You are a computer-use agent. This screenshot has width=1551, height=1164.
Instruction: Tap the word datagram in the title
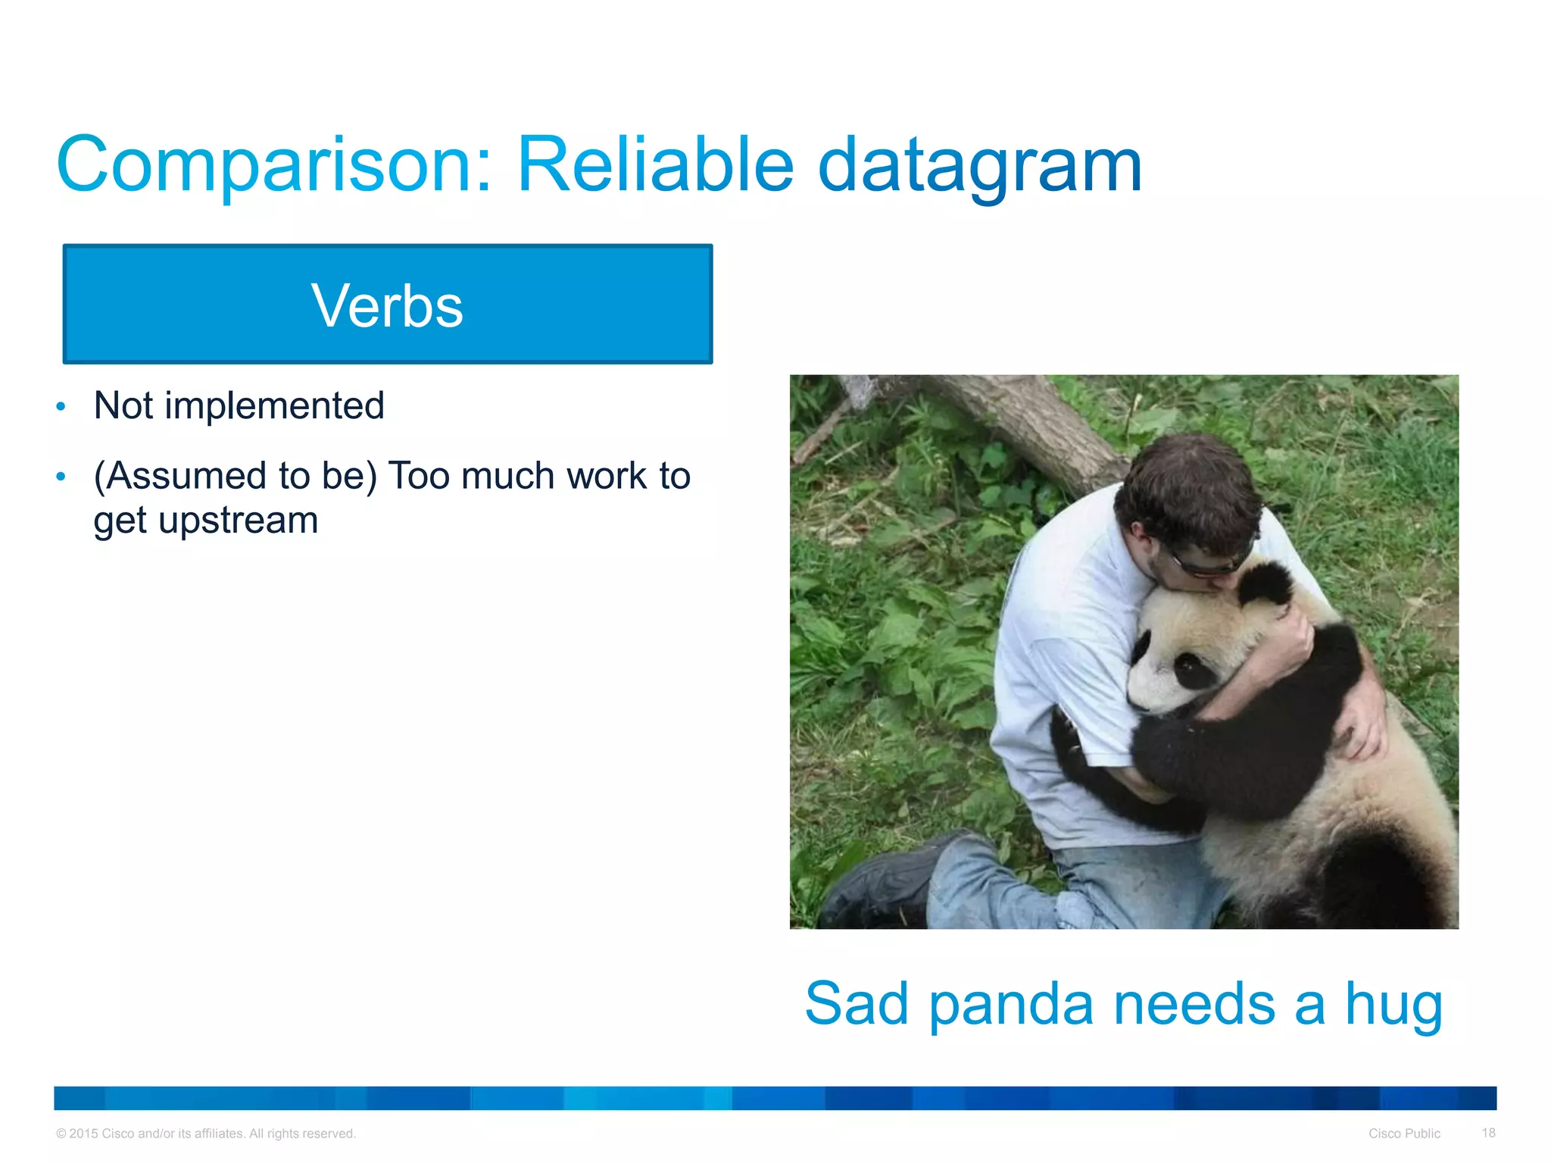tap(980, 165)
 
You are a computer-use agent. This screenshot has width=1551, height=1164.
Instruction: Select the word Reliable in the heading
tap(655, 165)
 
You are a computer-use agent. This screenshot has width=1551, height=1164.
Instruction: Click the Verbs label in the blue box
tap(387, 305)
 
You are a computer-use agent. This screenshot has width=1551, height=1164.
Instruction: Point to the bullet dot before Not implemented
tap(61, 407)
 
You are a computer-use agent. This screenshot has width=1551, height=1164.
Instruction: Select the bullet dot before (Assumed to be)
tap(61, 477)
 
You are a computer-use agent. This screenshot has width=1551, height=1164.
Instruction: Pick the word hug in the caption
tap(1393, 1004)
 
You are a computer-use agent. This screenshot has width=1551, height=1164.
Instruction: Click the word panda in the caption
tap(1011, 1004)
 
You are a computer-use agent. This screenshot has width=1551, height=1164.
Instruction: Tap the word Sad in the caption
tap(856, 1004)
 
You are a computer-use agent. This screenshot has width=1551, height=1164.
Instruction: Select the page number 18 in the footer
tap(1488, 1133)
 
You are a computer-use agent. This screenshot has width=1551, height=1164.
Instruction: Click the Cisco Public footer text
tap(1404, 1134)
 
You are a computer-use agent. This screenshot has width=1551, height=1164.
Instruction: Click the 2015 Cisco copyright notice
tap(205, 1134)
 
